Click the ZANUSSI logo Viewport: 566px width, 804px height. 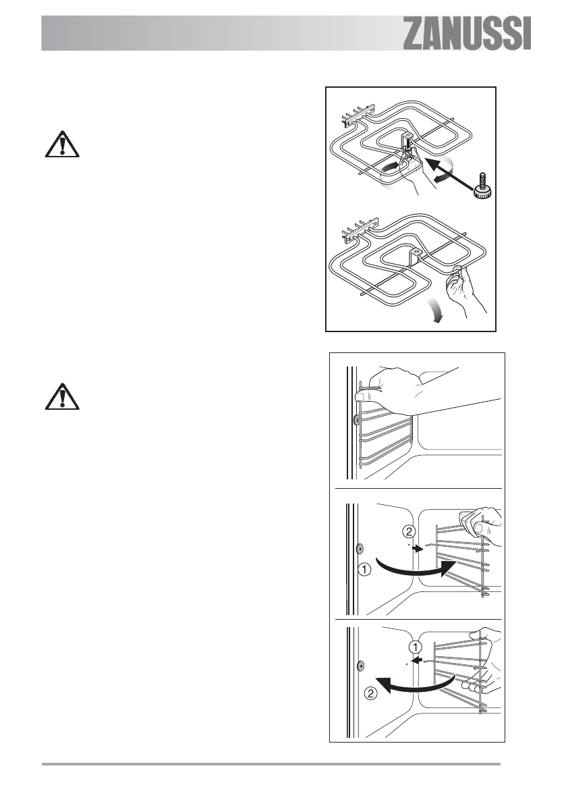click(467, 33)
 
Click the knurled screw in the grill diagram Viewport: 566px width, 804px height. click(482, 186)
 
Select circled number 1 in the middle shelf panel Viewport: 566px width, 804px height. click(364, 570)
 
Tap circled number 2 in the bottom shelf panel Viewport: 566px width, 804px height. click(369, 691)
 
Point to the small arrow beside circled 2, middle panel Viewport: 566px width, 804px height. click(418, 550)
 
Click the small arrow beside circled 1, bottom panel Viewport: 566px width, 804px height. click(418, 662)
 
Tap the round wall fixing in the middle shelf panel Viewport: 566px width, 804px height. click(360, 547)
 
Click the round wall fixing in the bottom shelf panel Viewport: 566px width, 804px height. click(361, 666)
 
